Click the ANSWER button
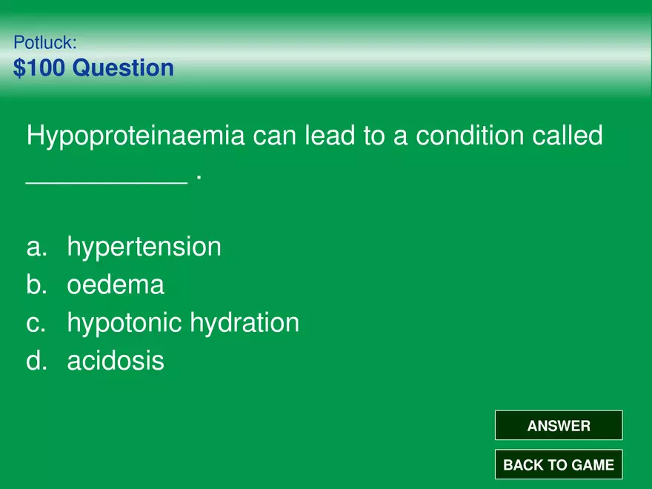tap(559, 425)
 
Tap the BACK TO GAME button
tap(559, 464)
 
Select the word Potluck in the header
tap(45, 42)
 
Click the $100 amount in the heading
tap(39, 67)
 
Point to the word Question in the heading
tap(123, 67)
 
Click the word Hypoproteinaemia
tap(136, 136)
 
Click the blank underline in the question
tap(107, 182)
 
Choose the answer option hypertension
tap(144, 247)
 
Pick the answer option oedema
tap(116, 285)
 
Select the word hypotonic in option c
tap(124, 324)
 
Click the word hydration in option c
tap(245, 324)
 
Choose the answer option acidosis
tap(116, 361)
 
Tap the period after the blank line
tap(199, 178)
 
